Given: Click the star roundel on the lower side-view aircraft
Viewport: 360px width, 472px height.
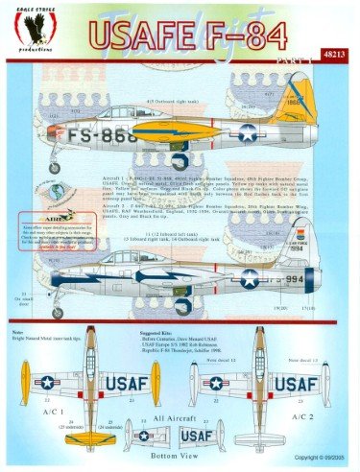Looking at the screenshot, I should tap(248, 278).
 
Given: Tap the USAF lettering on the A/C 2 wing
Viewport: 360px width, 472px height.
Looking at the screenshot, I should tap(296, 386).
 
